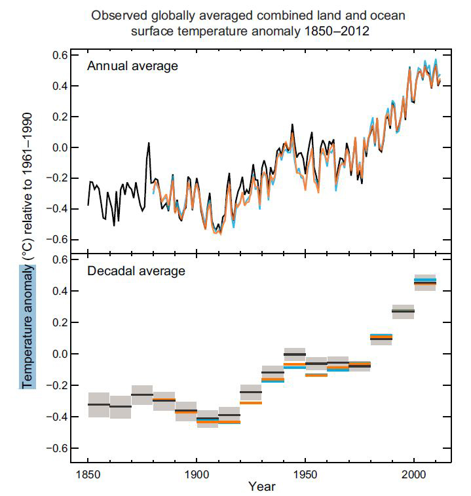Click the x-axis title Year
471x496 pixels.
[262, 486]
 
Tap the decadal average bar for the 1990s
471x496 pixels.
[403, 311]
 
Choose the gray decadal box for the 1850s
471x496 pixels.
[98, 405]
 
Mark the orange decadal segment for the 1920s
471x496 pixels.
[251, 402]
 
